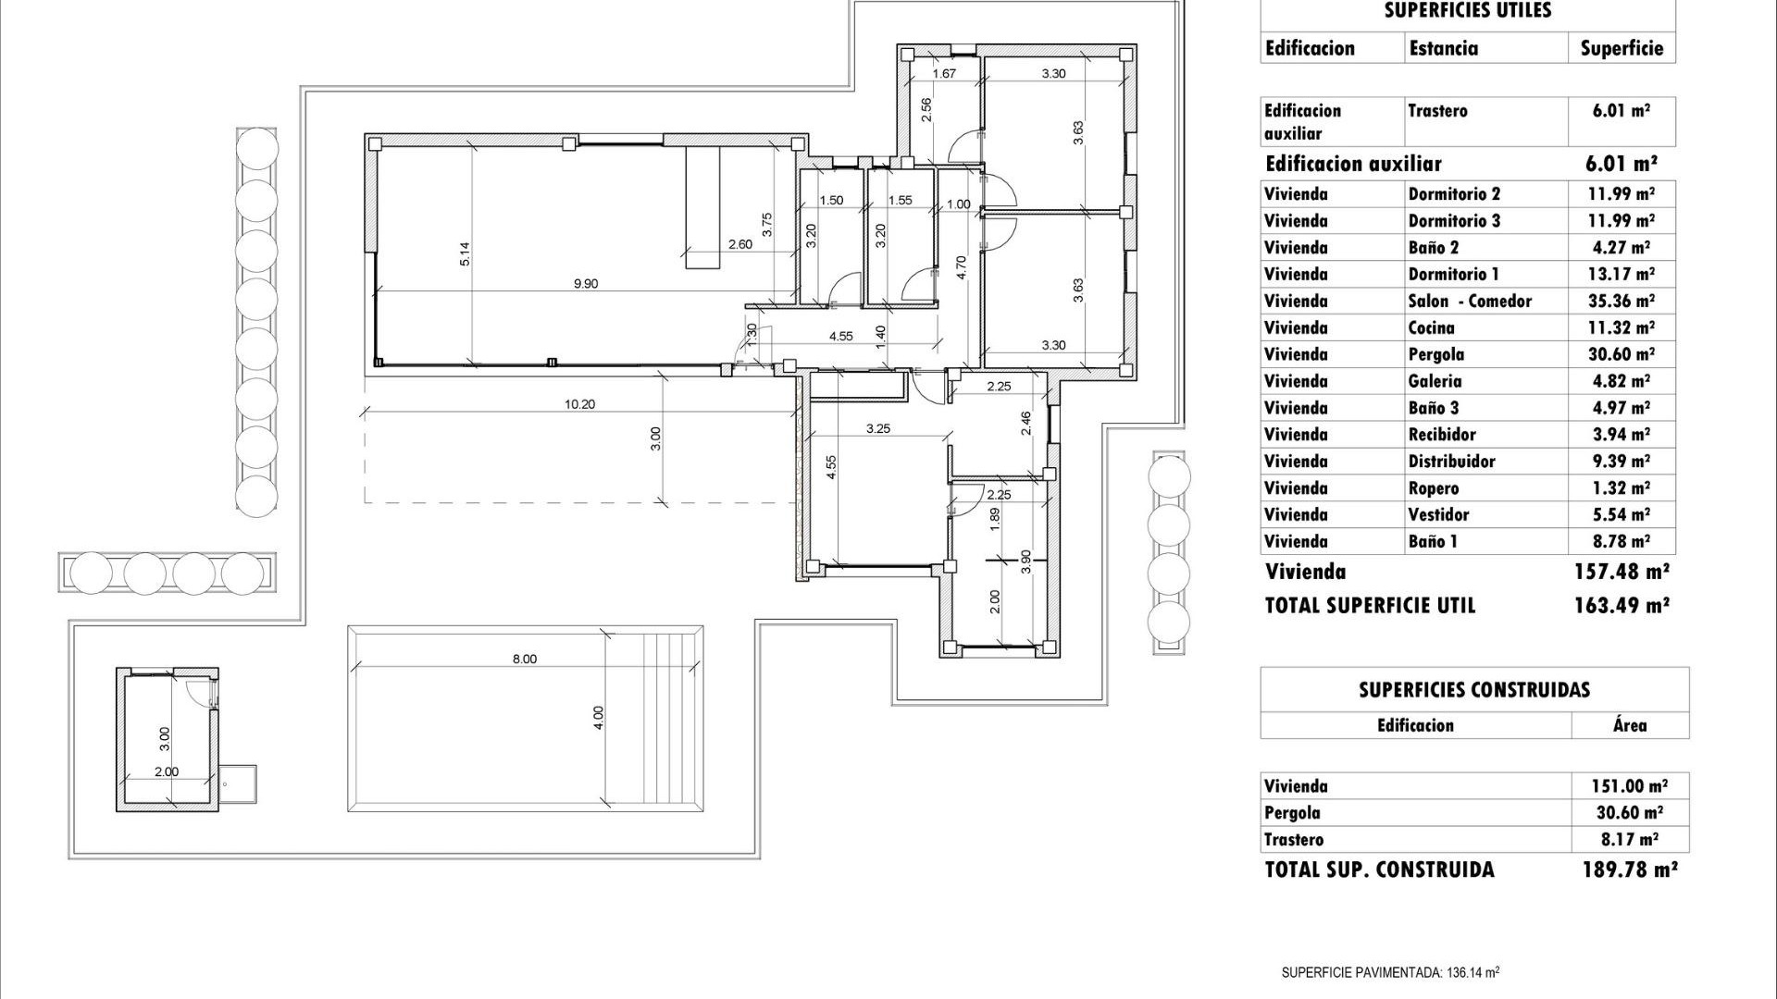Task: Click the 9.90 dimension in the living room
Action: tap(585, 284)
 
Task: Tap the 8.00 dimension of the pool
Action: tap(524, 659)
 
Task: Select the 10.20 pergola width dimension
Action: tap(579, 403)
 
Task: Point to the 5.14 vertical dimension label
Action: tap(465, 254)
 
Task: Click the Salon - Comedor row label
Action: tap(1470, 302)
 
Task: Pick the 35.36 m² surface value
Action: tap(1622, 302)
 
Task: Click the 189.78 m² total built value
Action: tap(1629, 869)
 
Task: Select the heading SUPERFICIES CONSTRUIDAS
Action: tap(1473, 690)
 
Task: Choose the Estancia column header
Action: tap(1443, 49)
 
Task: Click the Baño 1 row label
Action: tap(1432, 542)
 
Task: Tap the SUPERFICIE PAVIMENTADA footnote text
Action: tap(1389, 972)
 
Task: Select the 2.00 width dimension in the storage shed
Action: tap(167, 771)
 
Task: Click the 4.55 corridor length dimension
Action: tap(840, 337)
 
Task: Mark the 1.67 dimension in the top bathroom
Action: tap(944, 74)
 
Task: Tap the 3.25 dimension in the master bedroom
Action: tap(877, 428)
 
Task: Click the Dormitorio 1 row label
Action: tap(1453, 275)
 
